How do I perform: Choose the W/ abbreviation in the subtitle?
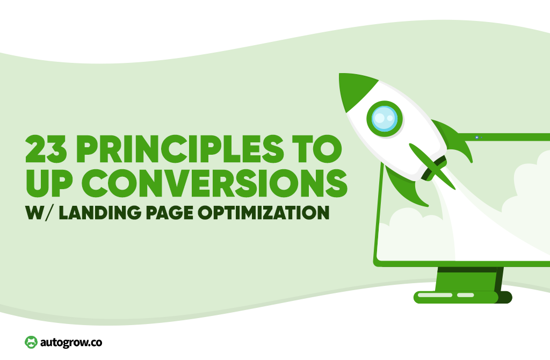(39, 213)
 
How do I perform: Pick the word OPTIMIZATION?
(264, 213)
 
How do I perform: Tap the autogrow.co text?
(71, 342)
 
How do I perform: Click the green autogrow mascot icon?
(31, 342)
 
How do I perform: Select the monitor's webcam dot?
(477, 138)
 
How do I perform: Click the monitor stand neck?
(469, 279)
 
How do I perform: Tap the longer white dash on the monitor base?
(435, 295)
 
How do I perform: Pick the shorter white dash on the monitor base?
(466, 295)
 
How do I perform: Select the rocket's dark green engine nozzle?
(434, 169)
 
